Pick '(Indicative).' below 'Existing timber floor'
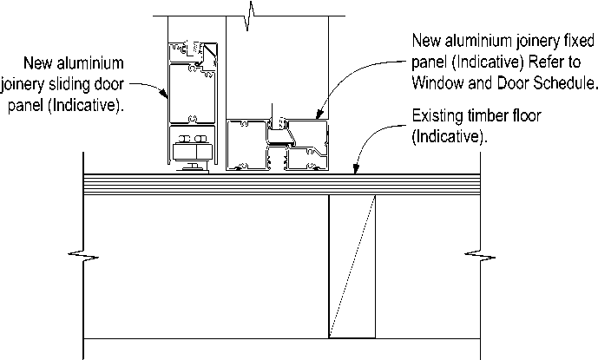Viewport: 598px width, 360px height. click(448, 137)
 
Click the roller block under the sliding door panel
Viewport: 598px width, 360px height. click(194, 152)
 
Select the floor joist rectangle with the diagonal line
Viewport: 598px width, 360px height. click(352, 266)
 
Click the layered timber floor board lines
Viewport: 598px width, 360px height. click(260, 184)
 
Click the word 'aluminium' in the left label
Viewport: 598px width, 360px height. click(92, 62)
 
